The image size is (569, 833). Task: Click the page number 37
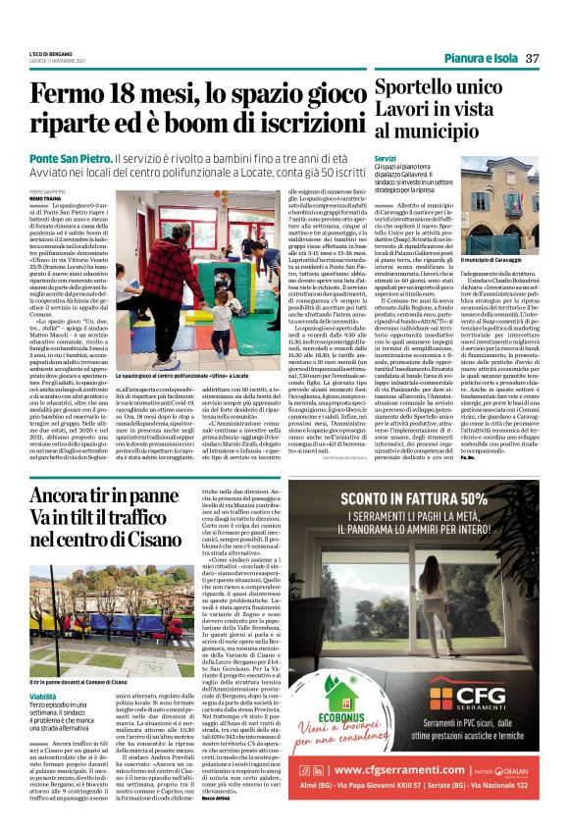coord(531,58)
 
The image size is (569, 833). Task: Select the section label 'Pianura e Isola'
coord(479,58)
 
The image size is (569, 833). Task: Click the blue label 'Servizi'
coord(385,157)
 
